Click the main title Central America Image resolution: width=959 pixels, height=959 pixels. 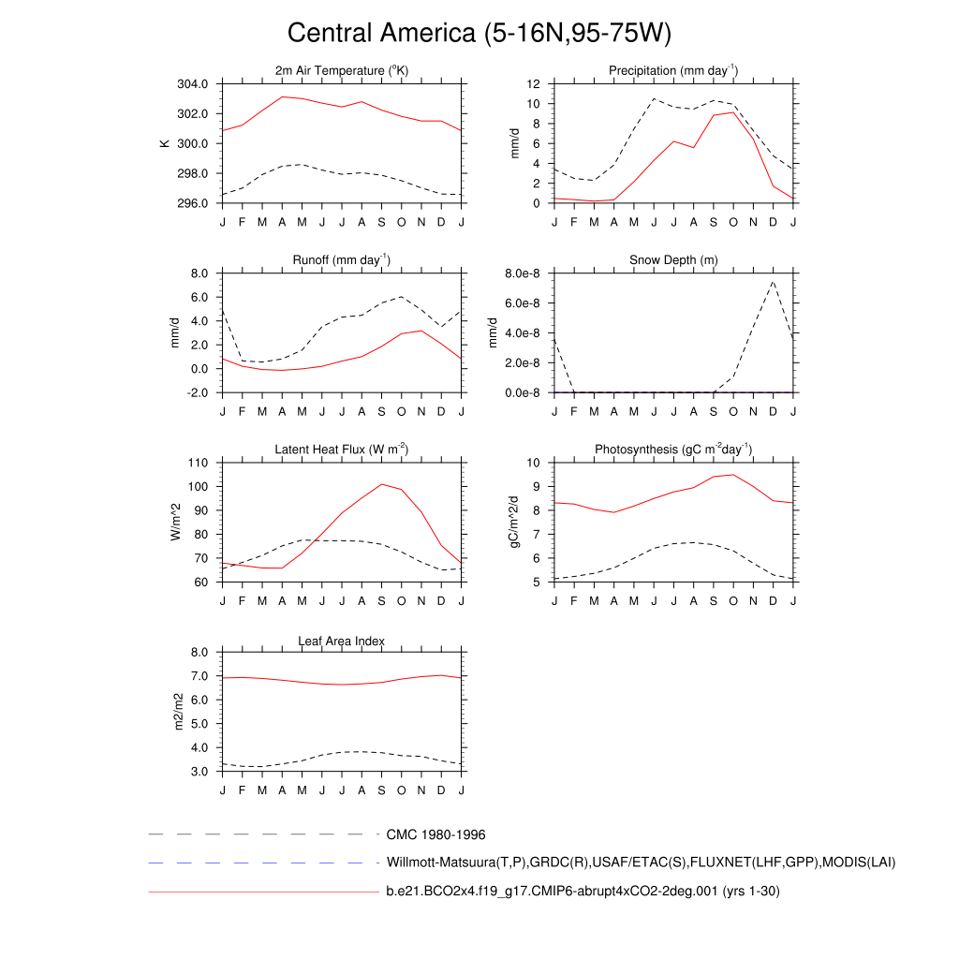tap(479, 33)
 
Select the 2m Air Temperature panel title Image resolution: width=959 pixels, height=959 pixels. tap(342, 71)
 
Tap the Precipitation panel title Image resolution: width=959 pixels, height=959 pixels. tap(673, 71)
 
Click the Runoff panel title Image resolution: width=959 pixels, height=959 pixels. tap(342, 259)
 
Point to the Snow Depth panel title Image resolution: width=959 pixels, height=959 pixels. tap(673, 259)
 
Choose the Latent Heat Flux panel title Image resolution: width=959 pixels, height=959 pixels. tap(342, 450)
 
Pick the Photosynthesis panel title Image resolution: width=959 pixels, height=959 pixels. tap(673, 450)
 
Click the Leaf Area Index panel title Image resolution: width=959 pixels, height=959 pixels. tap(342, 642)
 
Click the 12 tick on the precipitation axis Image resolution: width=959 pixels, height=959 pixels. tap(533, 84)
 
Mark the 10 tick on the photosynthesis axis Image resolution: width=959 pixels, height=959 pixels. tap(533, 463)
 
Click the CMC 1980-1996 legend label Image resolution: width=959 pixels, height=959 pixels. tap(435, 834)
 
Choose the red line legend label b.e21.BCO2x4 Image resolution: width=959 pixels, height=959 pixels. tap(583, 892)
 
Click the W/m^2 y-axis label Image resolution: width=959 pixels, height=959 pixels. tap(175, 522)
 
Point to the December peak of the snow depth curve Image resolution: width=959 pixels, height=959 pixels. tap(774, 281)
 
